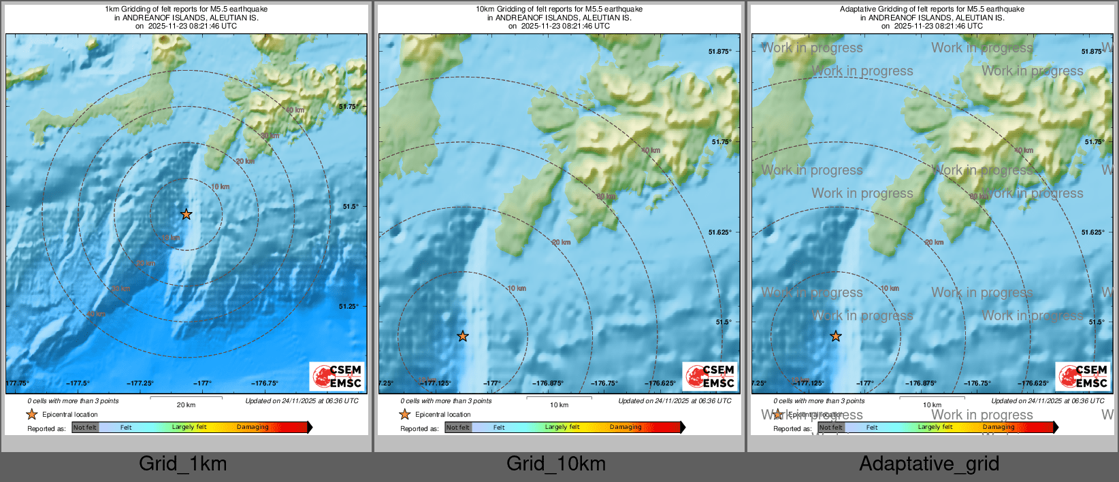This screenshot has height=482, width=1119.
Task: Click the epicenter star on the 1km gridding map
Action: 186,214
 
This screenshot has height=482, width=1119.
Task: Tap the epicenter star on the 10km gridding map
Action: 463,336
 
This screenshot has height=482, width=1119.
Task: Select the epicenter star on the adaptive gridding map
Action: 836,336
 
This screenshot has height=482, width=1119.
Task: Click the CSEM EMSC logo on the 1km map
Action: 336,377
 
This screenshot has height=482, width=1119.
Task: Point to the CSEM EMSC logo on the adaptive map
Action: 1082,377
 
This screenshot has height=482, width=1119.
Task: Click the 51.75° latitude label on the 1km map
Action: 348,106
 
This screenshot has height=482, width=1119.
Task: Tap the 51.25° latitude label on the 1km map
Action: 348,306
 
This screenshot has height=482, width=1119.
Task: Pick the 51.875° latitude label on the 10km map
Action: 720,52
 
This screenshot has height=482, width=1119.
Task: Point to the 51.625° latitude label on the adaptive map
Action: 1092,233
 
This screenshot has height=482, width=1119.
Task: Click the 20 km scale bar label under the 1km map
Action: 186,405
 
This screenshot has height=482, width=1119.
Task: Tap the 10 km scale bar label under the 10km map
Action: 559,405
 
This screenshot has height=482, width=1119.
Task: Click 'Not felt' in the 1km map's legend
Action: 85,428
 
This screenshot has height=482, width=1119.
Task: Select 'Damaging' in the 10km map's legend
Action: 626,428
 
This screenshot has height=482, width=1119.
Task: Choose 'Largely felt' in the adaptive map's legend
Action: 935,428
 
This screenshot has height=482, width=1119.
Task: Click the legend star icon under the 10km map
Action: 404,414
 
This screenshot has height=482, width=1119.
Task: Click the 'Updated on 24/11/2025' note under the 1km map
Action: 302,401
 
